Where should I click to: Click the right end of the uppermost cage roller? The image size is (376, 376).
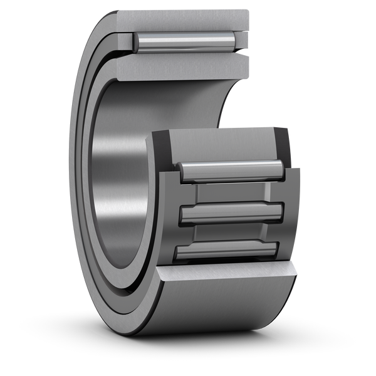pos(282,169)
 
